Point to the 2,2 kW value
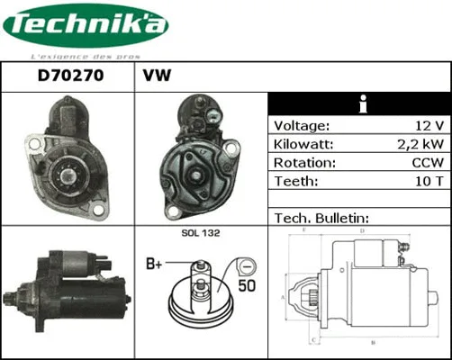(x=418, y=144)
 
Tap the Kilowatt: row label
(x=304, y=144)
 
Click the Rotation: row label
(x=304, y=163)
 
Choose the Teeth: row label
(x=295, y=182)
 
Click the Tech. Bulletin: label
(x=321, y=219)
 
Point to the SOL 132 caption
(x=201, y=233)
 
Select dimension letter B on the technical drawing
(x=372, y=343)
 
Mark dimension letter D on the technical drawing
(x=361, y=231)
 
